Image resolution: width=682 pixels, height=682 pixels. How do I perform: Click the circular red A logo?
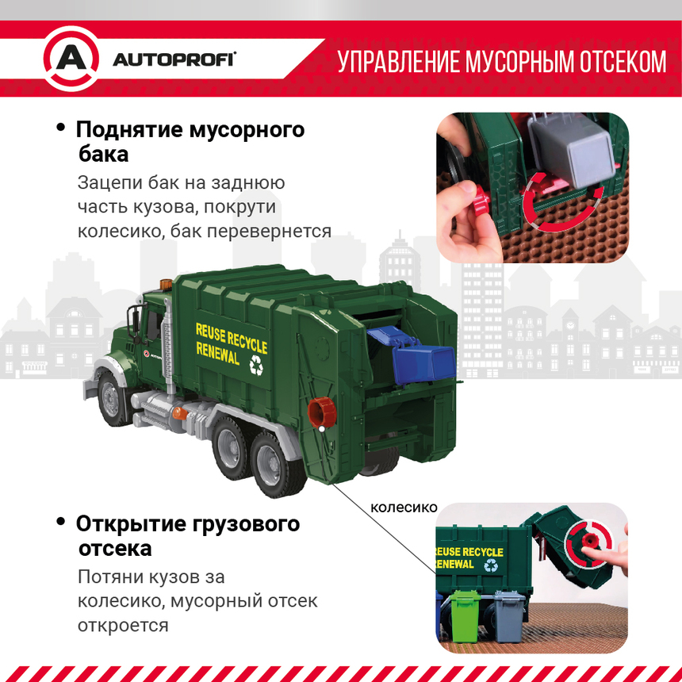[71, 59]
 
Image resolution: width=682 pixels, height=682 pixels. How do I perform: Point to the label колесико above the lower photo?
[404, 507]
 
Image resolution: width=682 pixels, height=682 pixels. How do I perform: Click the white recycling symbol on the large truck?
[257, 365]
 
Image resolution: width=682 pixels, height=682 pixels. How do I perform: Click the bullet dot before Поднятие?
[60, 128]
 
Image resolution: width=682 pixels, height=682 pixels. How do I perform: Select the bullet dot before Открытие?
[60, 522]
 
